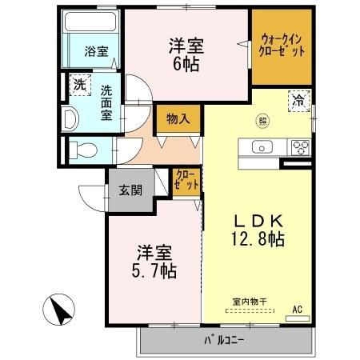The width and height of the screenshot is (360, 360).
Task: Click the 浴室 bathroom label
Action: [x=97, y=52]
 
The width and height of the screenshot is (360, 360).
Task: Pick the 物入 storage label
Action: [x=177, y=119]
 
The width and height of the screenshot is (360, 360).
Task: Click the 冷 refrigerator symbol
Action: [x=297, y=102]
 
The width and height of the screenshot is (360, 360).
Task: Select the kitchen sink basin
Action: [x=262, y=147]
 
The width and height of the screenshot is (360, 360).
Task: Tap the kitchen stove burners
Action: [x=301, y=146]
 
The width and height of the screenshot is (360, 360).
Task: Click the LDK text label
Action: [x=257, y=220]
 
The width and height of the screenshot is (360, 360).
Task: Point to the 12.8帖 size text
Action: [x=258, y=238]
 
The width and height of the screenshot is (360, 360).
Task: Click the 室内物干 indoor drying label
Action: [x=250, y=301]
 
